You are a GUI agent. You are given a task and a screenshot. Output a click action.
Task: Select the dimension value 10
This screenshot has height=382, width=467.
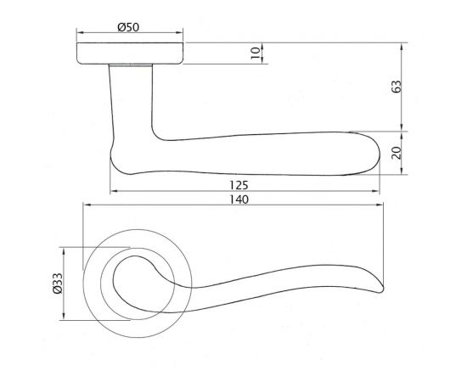pyautogui.click(x=255, y=53)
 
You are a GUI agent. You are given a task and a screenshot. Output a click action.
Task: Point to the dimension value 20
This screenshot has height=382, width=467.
pyautogui.click(x=397, y=154)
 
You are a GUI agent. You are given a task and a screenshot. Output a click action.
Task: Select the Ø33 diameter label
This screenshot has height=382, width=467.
pyautogui.click(x=58, y=284)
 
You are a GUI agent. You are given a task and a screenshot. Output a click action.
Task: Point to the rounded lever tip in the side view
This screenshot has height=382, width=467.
pyautogui.click(x=372, y=153)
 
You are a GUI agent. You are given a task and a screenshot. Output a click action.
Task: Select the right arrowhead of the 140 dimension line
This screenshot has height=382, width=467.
pyautogui.click(x=379, y=206)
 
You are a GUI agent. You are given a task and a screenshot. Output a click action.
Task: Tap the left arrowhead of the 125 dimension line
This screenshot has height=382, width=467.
pyautogui.click(x=112, y=191)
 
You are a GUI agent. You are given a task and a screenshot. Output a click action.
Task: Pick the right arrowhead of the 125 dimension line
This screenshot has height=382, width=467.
pyautogui.click(x=378, y=191)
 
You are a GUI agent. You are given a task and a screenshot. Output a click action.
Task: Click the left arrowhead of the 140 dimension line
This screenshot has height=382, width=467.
pyautogui.click(x=85, y=206)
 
